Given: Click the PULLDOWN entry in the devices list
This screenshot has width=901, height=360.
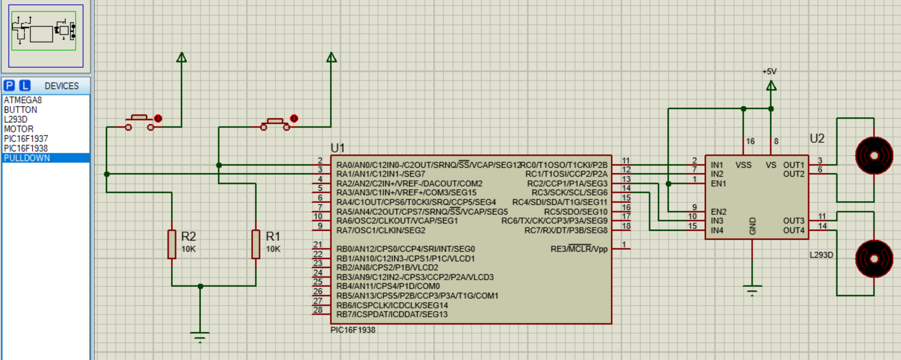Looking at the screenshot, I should coord(27,158).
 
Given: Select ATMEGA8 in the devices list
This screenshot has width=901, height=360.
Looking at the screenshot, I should coord(23,100).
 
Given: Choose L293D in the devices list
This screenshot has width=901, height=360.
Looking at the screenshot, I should coord(16,119).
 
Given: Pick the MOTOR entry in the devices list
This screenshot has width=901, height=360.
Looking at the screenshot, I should coord(19,129).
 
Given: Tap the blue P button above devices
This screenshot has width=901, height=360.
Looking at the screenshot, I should coord(9,86).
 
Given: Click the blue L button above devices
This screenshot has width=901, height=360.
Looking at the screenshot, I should coord(25,86).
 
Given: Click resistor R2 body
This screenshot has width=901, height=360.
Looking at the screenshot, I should coord(172,244).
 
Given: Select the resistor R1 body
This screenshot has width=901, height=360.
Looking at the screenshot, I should coord(256,244).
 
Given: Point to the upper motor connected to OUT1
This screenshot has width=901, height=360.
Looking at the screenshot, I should coord(874,156).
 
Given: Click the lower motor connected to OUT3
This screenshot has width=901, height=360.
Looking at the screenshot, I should coord(874,258).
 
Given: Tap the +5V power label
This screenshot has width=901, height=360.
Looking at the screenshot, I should coord(769,72).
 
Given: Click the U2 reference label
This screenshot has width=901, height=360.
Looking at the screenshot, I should coord(817,139).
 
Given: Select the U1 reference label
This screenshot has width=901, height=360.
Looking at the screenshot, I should coord(337,148).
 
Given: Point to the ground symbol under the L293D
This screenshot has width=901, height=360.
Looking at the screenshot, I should coord(752,290).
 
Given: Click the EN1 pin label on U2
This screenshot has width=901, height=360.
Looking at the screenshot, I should coord(718,184).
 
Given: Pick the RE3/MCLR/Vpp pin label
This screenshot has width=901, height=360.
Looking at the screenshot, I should coord(579,249).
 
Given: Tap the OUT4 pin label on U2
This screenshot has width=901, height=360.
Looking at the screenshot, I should coord(794,230).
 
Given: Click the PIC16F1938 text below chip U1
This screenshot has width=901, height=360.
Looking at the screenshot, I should coord(353,330).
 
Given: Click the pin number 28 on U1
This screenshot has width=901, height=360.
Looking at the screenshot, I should coord(318,310).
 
